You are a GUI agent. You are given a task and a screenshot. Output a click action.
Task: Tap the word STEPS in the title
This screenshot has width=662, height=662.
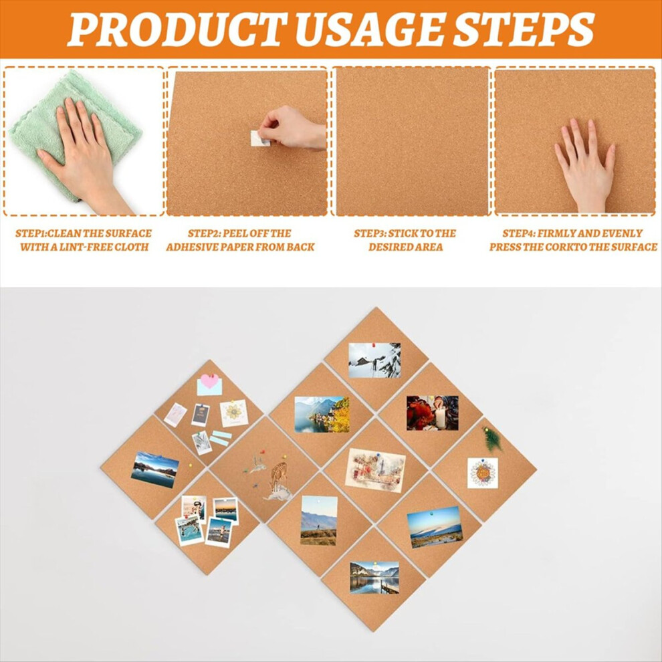click(x=524, y=29)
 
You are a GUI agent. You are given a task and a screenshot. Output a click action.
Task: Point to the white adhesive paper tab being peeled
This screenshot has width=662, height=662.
click(x=259, y=138)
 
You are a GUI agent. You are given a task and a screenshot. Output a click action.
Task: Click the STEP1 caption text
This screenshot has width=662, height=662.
click(x=84, y=240)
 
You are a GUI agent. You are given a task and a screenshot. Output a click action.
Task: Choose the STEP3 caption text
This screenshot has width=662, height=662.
click(x=405, y=240)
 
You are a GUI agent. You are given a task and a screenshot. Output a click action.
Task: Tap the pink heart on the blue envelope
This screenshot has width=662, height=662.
click(x=209, y=381)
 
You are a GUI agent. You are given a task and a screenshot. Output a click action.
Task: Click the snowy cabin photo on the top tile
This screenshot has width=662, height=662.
click(x=374, y=360)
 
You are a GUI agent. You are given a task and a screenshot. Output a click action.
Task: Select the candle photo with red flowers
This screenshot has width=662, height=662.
click(x=433, y=413)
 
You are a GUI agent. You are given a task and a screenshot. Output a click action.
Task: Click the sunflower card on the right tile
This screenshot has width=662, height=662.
click(x=483, y=473)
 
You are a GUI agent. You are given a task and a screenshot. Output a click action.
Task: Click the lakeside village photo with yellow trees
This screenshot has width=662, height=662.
click(x=322, y=415)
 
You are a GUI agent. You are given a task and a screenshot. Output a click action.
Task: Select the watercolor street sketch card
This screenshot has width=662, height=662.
click(x=375, y=470)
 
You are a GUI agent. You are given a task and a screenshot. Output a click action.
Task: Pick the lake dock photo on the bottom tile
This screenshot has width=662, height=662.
click(x=374, y=578)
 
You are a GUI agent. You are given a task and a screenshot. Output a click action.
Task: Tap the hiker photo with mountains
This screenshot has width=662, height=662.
click(x=319, y=520)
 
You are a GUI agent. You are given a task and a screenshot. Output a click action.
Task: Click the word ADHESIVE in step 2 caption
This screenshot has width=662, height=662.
click(x=193, y=247)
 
